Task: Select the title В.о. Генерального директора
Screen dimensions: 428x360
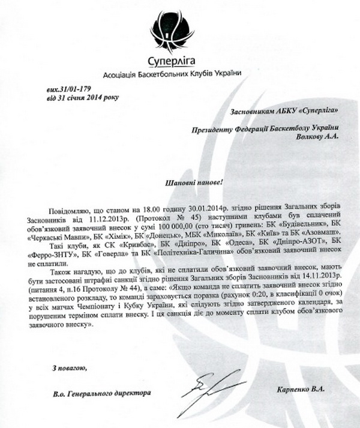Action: tap(101, 393)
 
